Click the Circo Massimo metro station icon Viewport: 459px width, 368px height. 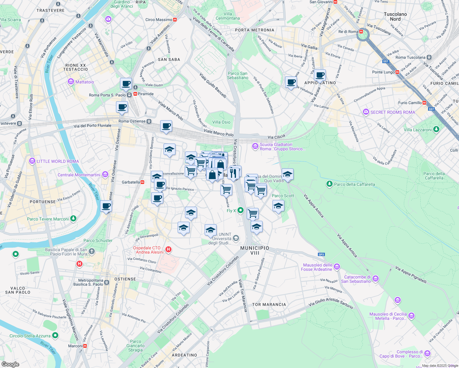click(x=175, y=20)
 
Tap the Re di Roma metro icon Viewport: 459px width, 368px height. click(x=361, y=32)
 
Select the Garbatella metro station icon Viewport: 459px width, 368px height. click(x=142, y=182)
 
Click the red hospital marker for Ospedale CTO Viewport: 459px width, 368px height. click(x=168, y=250)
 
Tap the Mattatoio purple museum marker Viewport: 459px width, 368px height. click(x=71, y=82)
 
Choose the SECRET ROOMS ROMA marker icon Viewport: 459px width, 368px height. click(x=366, y=112)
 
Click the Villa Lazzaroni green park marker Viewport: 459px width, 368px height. click(x=436, y=130)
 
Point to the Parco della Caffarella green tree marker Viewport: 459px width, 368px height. click(x=330, y=184)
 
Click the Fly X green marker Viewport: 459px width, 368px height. click(x=241, y=210)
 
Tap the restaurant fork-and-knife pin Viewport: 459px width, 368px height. click(x=233, y=173)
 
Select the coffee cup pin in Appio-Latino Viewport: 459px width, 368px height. click(x=319, y=75)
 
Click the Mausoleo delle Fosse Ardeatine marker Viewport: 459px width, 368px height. click(x=337, y=267)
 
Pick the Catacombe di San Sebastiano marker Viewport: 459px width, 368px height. click(x=376, y=279)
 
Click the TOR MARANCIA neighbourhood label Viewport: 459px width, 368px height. click(x=269, y=305)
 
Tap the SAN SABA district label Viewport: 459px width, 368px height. click(x=169, y=59)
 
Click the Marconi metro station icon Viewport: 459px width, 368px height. click(x=85, y=346)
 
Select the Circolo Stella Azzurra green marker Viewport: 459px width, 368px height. click(x=55, y=335)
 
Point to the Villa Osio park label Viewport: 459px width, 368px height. click(x=221, y=122)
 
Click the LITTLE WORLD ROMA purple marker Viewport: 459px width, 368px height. click(x=32, y=161)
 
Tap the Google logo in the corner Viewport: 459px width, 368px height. click(x=10, y=364)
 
